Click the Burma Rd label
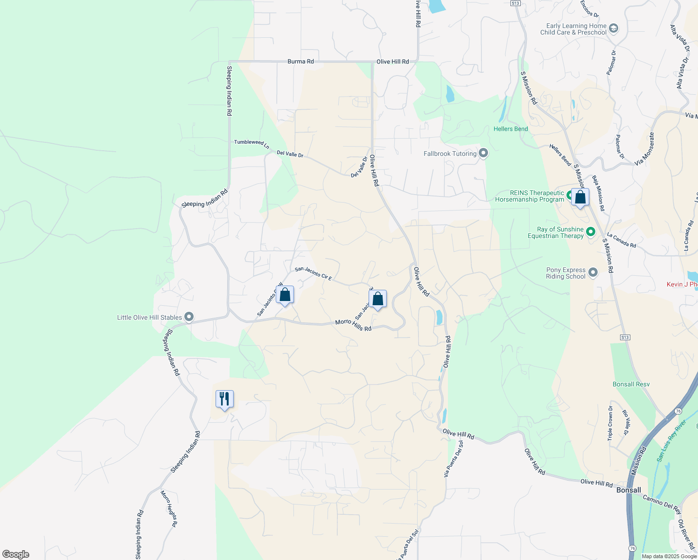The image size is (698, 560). (x=300, y=62)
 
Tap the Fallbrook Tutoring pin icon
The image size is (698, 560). (x=483, y=154)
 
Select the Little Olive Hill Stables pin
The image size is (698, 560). (x=189, y=317)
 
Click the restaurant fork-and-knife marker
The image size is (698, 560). (x=224, y=399)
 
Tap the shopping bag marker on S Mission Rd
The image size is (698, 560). (x=580, y=197)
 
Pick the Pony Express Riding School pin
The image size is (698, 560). (x=593, y=273)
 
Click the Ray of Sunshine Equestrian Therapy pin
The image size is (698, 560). (x=591, y=232)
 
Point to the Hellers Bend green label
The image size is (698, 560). (x=511, y=129)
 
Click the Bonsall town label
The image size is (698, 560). (x=628, y=490)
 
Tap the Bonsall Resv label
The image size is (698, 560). (x=631, y=384)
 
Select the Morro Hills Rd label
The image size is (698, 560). (x=353, y=325)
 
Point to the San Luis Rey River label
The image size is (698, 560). (x=671, y=441)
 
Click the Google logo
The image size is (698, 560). (x=16, y=554)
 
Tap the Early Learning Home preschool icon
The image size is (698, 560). (x=614, y=29)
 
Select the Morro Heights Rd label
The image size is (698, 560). (x=169, y=509)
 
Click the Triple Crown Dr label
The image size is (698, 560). (x=610, y=423)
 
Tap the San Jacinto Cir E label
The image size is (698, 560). (x=313, y=274)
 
